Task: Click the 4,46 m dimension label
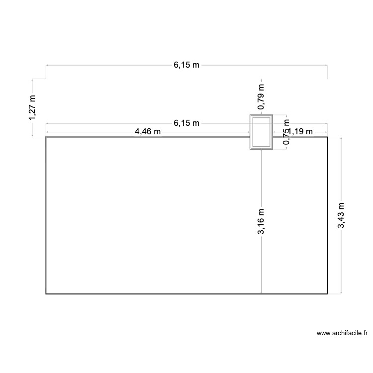coord(148,132)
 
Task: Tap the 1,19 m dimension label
coord(300,132)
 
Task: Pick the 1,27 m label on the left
coord(33,107)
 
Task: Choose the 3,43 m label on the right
coord(341,216)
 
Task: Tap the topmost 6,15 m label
coord(186,65)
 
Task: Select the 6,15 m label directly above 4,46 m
coord(186,123)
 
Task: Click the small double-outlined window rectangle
coord(261,132)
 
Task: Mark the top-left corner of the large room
coord(46,137)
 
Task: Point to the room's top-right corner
coord(327,137)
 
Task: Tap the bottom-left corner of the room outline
coord(46,294)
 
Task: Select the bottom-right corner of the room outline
coord(327,294)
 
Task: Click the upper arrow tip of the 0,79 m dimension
coord(261,79)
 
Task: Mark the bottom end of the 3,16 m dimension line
coord(261,293)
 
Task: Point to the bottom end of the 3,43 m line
coord(341,293)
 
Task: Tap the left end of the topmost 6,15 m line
coord(46,65)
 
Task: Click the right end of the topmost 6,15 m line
coord(327,65)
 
